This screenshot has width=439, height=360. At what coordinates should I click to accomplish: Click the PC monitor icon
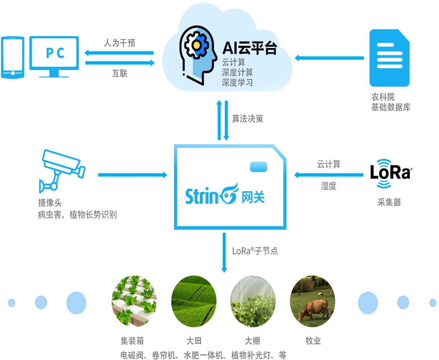(x=54, y=56)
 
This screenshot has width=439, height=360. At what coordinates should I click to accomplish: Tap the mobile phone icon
(x=12, y=57)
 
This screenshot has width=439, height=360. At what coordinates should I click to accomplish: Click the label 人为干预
(x=120, y=43)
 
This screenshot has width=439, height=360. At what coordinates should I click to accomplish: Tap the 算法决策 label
(x=247, y=119)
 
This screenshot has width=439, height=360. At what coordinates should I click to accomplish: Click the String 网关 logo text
(x=224, y=196)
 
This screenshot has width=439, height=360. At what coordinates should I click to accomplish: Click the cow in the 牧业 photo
(x=314, y=309)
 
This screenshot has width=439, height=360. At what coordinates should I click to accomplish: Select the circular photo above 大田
(x=194, y=301)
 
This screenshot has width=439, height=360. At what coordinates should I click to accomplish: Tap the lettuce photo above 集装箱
(x=134, y=301)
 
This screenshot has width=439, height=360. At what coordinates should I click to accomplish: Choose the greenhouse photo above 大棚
(x=253, y=301)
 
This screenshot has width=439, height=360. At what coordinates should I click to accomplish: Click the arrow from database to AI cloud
(x=329, y=57)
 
